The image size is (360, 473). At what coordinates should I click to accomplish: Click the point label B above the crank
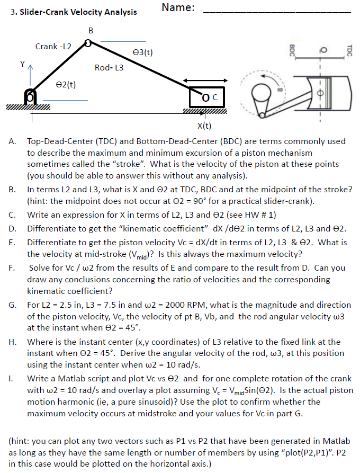tap(91, 31)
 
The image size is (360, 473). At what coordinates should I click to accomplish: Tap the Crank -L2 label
tap(53, 47)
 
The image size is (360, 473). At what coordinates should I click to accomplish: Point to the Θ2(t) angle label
tap(66, 84)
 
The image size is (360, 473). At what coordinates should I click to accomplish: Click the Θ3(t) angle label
tap(143, 52)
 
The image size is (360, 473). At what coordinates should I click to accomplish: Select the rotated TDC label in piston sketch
tap(349, 48)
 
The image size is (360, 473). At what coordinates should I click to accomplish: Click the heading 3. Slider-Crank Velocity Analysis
tap(73, 12)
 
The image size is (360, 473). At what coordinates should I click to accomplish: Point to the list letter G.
tap(12, 306)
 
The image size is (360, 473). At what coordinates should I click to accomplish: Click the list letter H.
tap(12, 342)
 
